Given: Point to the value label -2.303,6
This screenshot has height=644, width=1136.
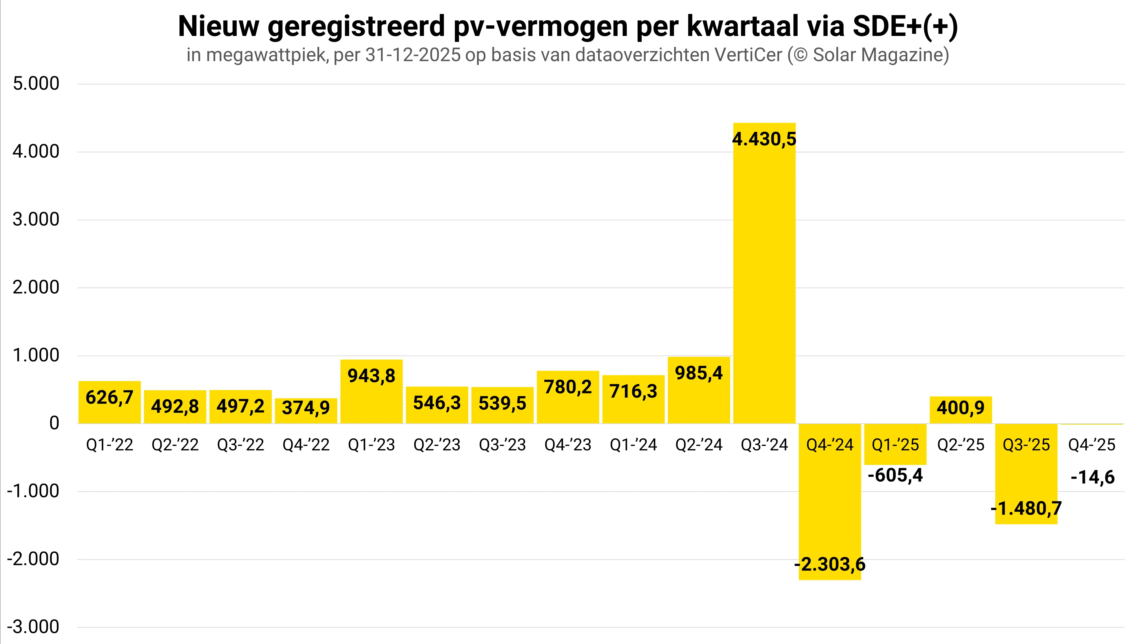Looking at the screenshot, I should click(829, 564).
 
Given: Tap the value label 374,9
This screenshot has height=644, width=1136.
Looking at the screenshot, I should click(306, 407).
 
